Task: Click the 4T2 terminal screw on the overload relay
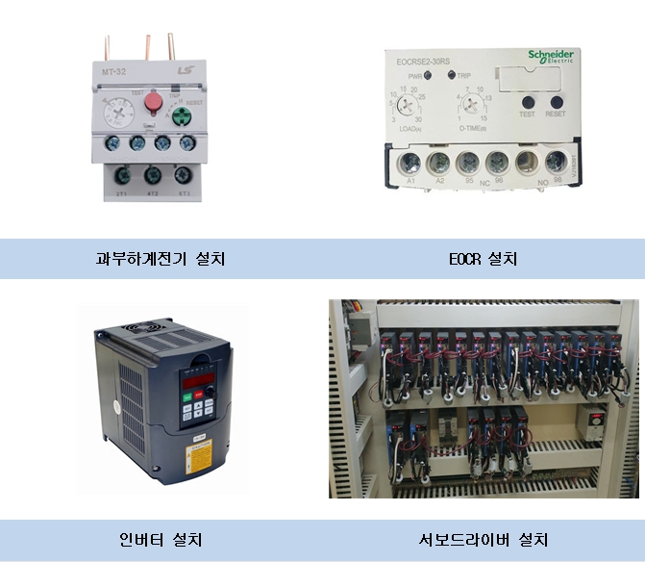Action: click(152, 176)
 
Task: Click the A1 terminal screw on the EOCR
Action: click(410, 161)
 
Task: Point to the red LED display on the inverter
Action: click(197, 381)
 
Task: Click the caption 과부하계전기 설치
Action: click(161, 259)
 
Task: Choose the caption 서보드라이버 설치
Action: click(484, 539)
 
